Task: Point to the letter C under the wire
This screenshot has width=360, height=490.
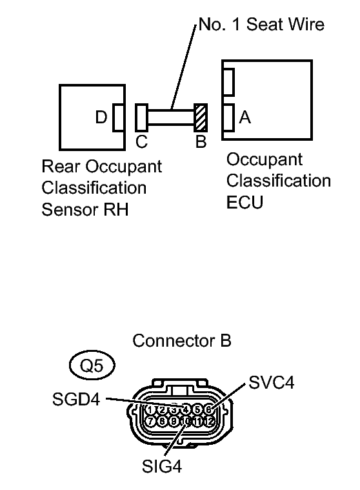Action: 141,142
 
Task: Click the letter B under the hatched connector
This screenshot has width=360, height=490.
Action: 201,142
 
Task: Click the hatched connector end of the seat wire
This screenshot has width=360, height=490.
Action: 201,117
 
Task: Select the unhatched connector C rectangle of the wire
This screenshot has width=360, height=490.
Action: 141,117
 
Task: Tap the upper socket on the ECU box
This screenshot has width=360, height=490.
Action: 228,83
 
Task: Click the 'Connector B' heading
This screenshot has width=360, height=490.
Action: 181,340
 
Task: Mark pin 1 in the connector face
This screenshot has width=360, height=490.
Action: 150,409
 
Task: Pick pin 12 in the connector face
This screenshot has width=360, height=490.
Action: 208,421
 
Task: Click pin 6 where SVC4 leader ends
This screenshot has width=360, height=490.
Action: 208,409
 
